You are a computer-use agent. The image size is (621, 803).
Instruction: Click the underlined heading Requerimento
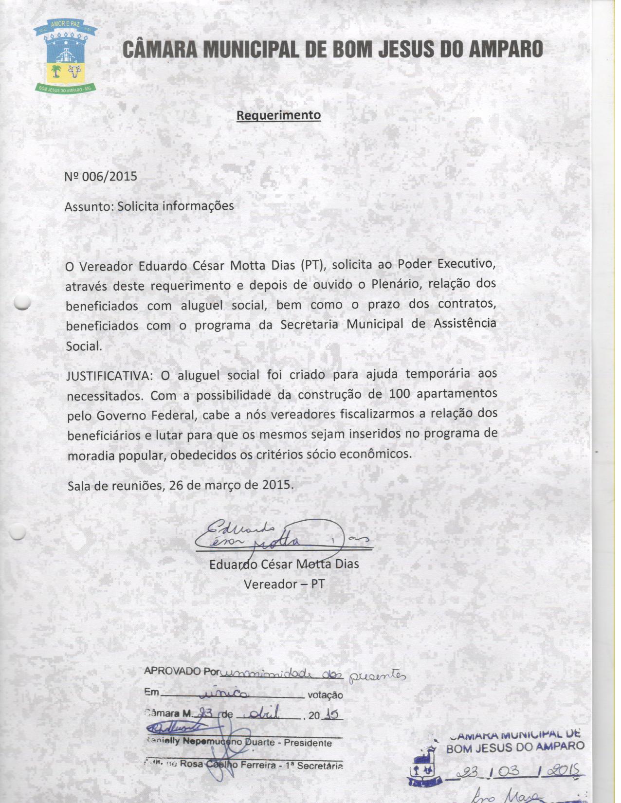[x=278, y=115]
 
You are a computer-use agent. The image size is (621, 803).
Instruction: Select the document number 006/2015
[x=110, y=176]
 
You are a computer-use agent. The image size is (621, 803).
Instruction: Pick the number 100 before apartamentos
[x=400, y=394]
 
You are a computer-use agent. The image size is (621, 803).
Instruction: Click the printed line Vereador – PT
[x=284, y=584]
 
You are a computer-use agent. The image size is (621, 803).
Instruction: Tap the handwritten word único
[x=227, y=693]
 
